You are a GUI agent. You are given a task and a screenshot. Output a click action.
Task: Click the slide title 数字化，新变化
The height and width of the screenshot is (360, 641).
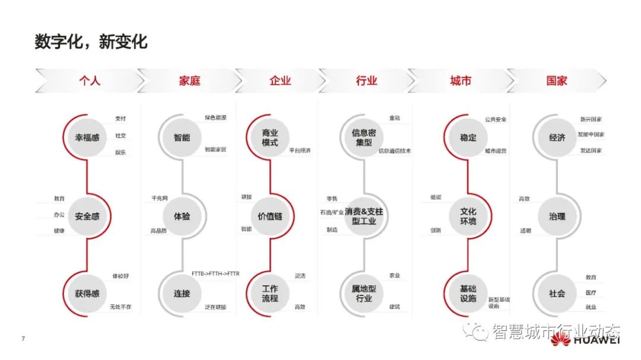point(91,42)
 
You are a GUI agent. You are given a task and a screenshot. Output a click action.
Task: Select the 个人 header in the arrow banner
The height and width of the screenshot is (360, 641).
point(90,81)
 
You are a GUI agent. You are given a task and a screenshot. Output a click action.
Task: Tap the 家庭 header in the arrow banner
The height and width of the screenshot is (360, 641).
point(189,81)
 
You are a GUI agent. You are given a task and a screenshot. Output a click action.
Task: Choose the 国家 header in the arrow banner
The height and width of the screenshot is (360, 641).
point(557,81)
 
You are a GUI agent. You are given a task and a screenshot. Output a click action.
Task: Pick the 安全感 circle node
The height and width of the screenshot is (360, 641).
point(87,216)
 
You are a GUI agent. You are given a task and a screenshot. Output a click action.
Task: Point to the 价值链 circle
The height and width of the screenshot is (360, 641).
point(270,216)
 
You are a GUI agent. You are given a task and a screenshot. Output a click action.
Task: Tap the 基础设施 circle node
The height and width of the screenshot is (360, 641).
point(468,294)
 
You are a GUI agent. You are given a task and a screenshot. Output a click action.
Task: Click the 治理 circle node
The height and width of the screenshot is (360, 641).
point(557,216)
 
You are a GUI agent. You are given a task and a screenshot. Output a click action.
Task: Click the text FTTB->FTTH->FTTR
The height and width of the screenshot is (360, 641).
point(215,273)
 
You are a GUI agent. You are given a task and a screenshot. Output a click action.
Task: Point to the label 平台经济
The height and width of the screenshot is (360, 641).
point(300,151)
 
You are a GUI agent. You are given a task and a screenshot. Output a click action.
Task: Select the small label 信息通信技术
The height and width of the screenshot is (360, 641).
point(395,151)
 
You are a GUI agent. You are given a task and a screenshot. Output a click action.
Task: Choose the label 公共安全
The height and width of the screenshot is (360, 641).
point(496,119)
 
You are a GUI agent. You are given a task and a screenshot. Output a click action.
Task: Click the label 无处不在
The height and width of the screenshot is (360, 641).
point(120,307)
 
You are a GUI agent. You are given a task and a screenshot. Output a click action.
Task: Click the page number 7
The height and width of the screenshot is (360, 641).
point(23,339)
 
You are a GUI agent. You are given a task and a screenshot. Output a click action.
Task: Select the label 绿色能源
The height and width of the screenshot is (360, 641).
point(215,118)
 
